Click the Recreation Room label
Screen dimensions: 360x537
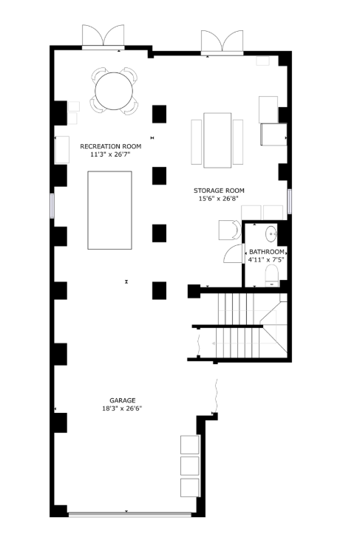point(110,146)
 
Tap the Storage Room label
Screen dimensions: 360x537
point(219,191)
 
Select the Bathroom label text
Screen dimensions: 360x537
point(266,252)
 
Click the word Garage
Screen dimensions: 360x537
point(123,400)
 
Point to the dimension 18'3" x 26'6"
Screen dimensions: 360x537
point(122,408)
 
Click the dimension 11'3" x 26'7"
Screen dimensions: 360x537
point(110,154)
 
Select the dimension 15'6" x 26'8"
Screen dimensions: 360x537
point(218,199)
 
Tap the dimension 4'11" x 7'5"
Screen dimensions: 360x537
point(266,260)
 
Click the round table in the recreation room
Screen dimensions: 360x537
point(114,91)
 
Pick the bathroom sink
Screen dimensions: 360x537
point(271,234)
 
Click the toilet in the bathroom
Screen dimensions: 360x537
point(272,276)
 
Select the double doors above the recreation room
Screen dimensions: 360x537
point(103,37)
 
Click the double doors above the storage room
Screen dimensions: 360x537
point(223,43)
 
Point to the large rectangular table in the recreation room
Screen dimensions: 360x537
point(109,211)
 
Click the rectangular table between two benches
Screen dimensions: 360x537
point(217,140)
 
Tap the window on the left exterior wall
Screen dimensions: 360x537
point(52,206)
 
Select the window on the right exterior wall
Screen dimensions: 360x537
point(289,202)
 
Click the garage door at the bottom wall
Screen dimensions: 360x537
point(129,514)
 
